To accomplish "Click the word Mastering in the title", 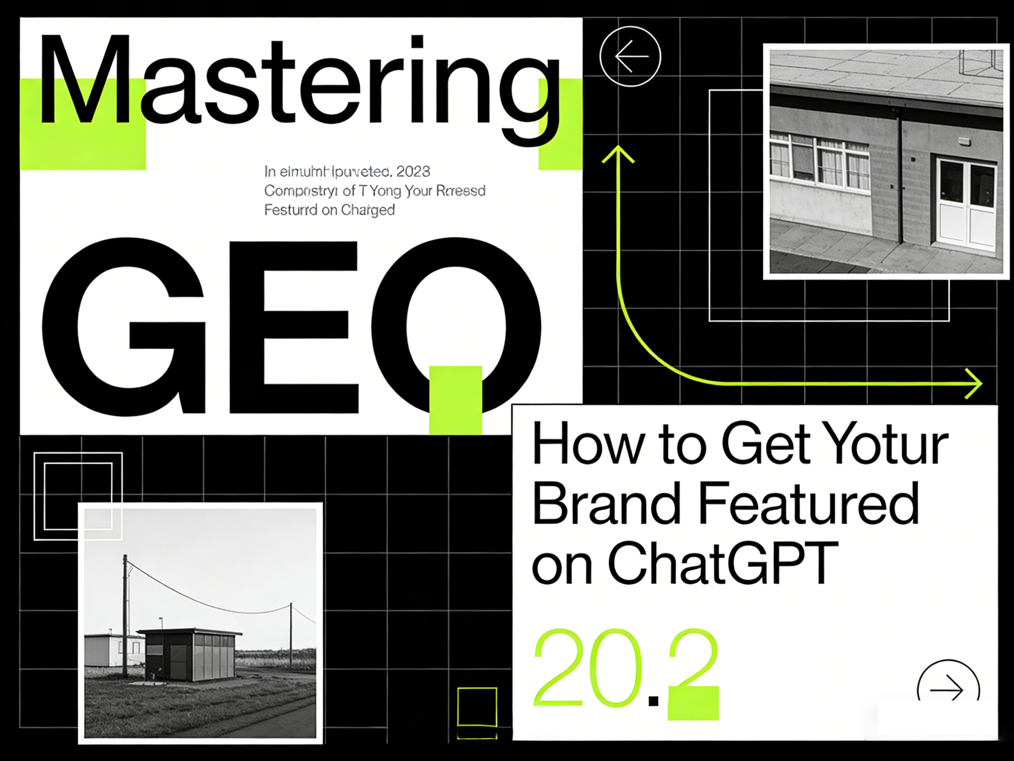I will click(x=298, y=82).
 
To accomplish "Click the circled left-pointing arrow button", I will click(x=630, y=56).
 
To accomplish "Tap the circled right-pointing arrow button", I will click(x=948, y=689).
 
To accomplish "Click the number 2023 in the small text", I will click(x=413, y=172).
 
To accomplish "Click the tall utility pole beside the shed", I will click(x=125, y=615).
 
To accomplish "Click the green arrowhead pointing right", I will click(x=974, y=383).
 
